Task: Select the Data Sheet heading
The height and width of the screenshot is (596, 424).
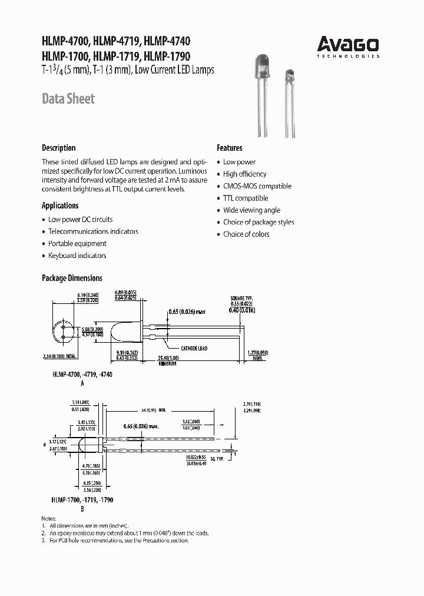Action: click(x=68, y=99)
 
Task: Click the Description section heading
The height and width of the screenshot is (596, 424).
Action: click(x=58, y=148)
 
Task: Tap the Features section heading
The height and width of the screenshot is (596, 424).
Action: click(x=229, y=148)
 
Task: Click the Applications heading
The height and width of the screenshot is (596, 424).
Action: click(x=60, y=206)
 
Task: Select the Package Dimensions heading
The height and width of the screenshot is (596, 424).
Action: click(x=72, y=278)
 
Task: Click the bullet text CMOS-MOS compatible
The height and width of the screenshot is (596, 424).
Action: click(x=257, y=186)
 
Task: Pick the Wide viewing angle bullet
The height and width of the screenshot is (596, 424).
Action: click(x=251, y=210)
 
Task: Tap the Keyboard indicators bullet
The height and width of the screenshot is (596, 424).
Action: click(x=77, y=256)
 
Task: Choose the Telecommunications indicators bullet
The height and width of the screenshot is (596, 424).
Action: click(x=93, y=231)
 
